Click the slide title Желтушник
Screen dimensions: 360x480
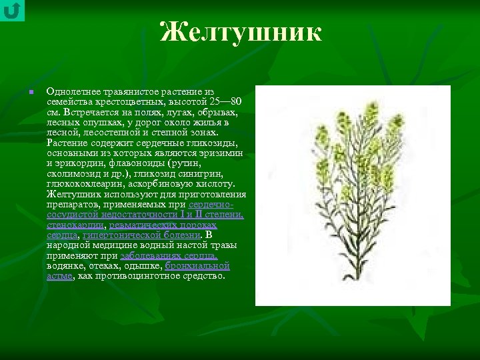coord(241,32)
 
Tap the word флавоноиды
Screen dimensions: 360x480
coord(142,163)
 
